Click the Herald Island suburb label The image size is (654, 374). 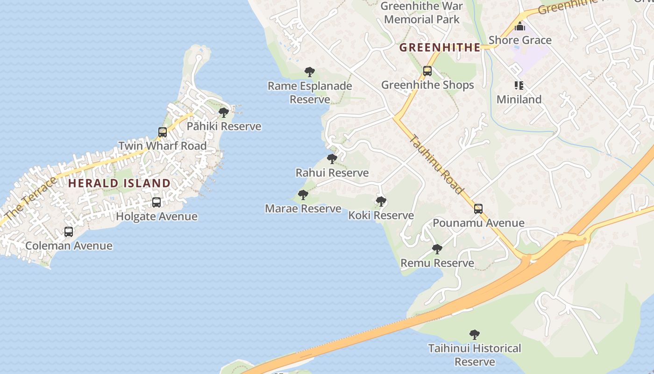click(119, 183)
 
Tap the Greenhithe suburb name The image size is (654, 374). click(440, 47)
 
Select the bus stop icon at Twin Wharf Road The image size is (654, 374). click(163, 132)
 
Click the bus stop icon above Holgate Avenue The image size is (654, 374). click(156, 202)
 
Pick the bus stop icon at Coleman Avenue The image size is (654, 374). click(69, 232)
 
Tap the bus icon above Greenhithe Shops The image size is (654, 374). click(427, 71)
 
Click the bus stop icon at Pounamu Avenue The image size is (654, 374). click(478, 209)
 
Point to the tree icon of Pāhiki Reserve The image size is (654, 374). click(224, 113)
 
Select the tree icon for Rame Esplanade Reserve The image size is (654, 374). click(309, 72)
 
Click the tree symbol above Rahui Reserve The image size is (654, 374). click(332, 159)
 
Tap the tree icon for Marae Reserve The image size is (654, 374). click(303, 195)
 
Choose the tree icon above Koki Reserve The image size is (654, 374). click(381, 201)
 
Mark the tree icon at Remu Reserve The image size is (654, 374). click(437, 249)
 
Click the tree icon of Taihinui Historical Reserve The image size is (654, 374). click(475, 335)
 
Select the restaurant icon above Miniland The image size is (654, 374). click(519, 86)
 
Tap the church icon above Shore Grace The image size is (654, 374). click(520, 27)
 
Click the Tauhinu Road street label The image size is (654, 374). click(437, 164)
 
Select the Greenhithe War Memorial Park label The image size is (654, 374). click(422, 13)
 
